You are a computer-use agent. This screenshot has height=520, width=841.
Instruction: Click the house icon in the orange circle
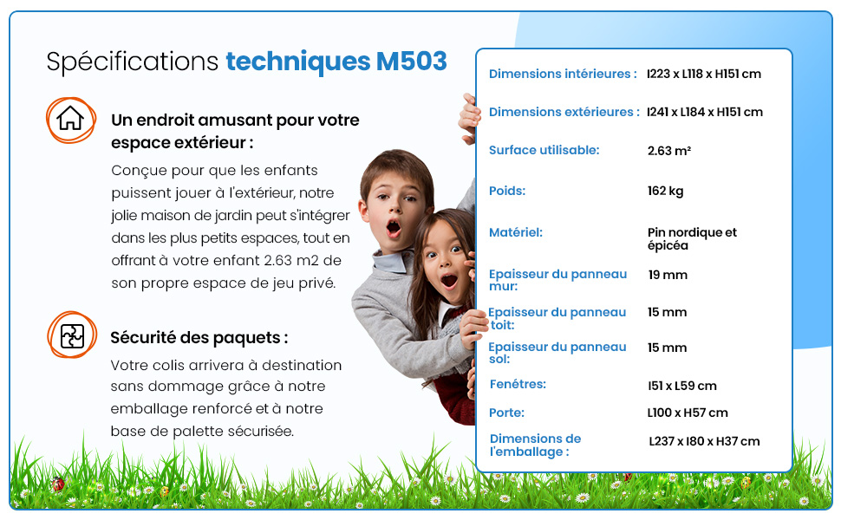click(70, 119)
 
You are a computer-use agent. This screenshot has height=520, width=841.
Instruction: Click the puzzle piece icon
click(72, 335)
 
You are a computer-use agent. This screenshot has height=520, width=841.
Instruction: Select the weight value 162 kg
click(665, 191)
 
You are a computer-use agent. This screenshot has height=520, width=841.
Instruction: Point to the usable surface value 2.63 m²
click(668, 151)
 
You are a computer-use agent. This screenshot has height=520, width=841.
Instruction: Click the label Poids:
click(507, 191)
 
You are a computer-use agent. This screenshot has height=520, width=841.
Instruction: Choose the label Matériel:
click(516, 232)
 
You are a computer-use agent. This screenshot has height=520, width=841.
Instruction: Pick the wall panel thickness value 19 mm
click(667, 275)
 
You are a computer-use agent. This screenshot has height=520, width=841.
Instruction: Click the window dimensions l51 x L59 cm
click(681, 386)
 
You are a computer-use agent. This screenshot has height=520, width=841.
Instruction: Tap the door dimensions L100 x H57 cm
click(687, 413)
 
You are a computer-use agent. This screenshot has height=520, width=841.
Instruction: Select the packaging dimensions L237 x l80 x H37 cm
click(704, 442)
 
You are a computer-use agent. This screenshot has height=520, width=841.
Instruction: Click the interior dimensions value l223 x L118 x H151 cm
click(703, 75)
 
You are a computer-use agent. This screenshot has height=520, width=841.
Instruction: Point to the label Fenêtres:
click(518, 384)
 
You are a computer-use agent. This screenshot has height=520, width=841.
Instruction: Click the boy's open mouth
click(394, 229)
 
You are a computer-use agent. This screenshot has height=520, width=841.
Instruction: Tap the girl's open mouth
click(449, 280)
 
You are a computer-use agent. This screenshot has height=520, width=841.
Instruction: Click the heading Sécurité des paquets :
click(199, 338)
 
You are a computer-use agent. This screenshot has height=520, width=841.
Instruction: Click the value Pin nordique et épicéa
click(691, 238)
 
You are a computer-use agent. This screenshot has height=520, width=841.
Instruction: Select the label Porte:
click(506, 413)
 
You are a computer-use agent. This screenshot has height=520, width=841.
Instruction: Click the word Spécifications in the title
click(133, 62)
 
